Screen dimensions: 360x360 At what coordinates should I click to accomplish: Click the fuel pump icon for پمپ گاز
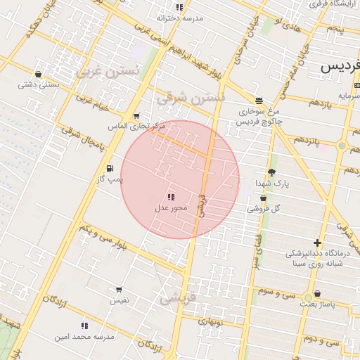coord(110,169)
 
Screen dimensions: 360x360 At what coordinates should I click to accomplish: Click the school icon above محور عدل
coord(171,198)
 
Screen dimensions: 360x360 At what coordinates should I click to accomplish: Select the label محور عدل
coord(170,209)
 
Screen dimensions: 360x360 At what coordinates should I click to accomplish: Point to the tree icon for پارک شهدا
coord(272,172)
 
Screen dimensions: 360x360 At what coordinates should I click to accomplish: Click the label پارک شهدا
coord(272,184)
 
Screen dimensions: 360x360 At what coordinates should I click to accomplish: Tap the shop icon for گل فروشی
coord(263,198)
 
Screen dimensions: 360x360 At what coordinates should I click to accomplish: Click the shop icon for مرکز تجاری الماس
coord(136,116)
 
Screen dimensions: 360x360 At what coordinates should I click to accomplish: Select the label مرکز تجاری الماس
coord(136,127)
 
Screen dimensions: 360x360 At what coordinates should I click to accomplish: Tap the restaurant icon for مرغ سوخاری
coord(259,101)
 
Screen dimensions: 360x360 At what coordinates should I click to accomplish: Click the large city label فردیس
coord(340,67)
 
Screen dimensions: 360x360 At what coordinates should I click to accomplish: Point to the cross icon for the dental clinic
coord(317,243)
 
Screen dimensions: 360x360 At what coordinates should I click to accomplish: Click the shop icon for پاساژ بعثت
coord(318,294)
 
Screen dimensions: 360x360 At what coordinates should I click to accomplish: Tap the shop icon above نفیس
coord(119,290)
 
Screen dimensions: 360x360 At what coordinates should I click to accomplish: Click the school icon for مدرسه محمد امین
coord(85,326)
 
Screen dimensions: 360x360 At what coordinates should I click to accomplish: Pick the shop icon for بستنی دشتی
coord(38,74)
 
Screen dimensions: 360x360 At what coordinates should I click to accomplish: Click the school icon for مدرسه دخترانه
coord(179,7)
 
